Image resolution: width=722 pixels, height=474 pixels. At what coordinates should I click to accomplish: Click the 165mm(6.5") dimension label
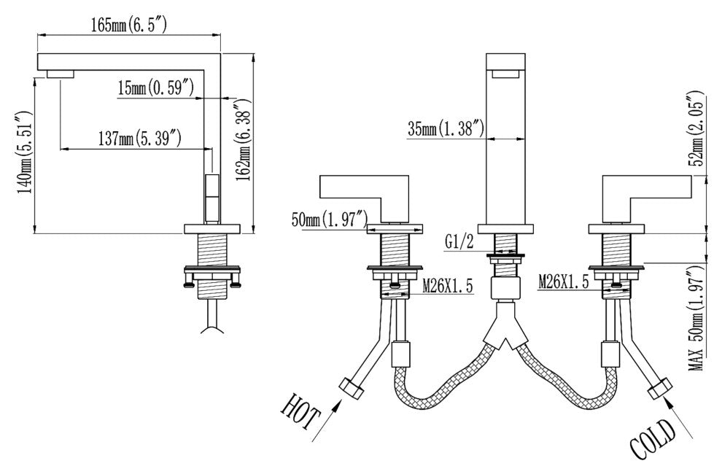click(130, 26)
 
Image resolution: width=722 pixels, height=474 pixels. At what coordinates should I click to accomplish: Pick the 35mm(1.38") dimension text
click(446, 129)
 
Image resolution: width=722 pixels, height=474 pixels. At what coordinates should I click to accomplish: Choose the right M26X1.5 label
click(564, 281)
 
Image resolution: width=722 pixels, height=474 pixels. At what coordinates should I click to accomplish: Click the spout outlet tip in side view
click(61, 74)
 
